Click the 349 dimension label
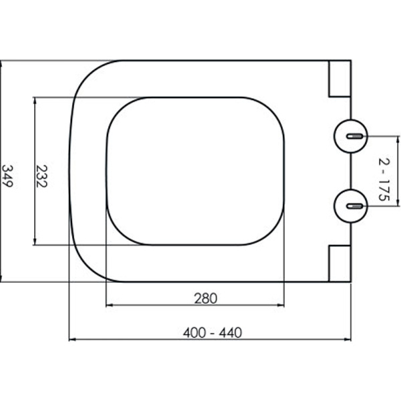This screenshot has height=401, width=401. pos(7,176)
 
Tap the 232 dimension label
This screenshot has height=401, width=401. pos(41,176)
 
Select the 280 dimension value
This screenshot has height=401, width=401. pos(206,298)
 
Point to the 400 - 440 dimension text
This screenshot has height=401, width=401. pos(213,333)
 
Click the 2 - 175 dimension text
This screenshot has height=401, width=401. pos(384,180)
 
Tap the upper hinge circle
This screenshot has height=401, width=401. pos(351,136)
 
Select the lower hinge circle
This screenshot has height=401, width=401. pos(351,206)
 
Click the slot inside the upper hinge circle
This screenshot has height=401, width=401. pos(354,136)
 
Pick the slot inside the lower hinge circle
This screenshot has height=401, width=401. pos(354,206)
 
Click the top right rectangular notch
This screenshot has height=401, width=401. pos(340,79)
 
